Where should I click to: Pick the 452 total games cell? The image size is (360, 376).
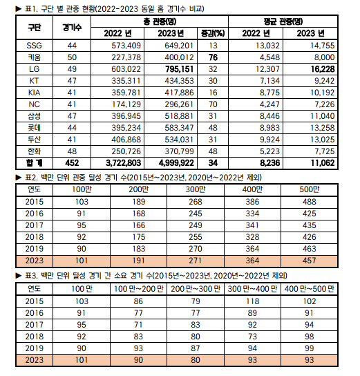(71, 163)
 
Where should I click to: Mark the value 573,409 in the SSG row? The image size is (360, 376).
(124, 45)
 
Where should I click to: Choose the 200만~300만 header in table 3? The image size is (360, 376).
(197, 289)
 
